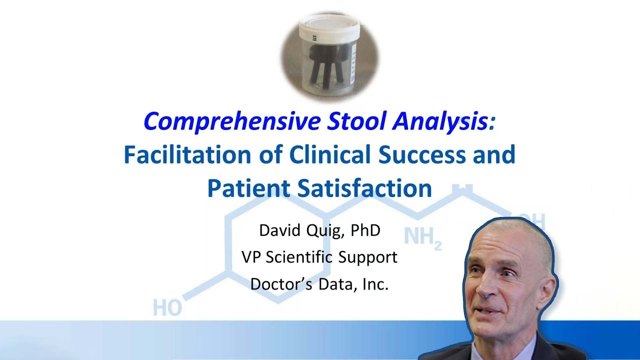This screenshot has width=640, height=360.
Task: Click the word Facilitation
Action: click(x=187, y=155)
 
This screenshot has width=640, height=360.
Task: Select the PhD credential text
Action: click(x=365, y=230)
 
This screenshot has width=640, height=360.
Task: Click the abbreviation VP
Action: click(x=251, y=257)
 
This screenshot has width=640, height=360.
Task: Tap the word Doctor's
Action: click(x=280, y=283)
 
